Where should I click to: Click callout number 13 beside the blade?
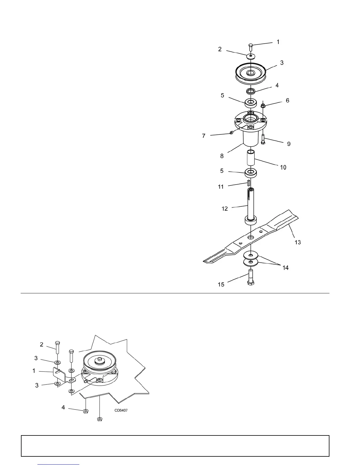298,242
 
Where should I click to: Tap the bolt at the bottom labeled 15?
251,278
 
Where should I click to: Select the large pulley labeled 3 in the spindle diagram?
251,72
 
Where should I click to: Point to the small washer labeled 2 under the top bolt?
250,55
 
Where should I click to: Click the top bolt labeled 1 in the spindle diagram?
250,47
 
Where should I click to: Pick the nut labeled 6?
263,105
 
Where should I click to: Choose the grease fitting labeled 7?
231,133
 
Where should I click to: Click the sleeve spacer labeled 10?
251,158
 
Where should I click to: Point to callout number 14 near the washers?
285,268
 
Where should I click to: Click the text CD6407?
121,410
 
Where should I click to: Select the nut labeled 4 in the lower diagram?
85,411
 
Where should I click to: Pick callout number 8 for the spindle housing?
222,156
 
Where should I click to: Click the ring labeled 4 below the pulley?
251,91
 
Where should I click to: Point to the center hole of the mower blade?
250,237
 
